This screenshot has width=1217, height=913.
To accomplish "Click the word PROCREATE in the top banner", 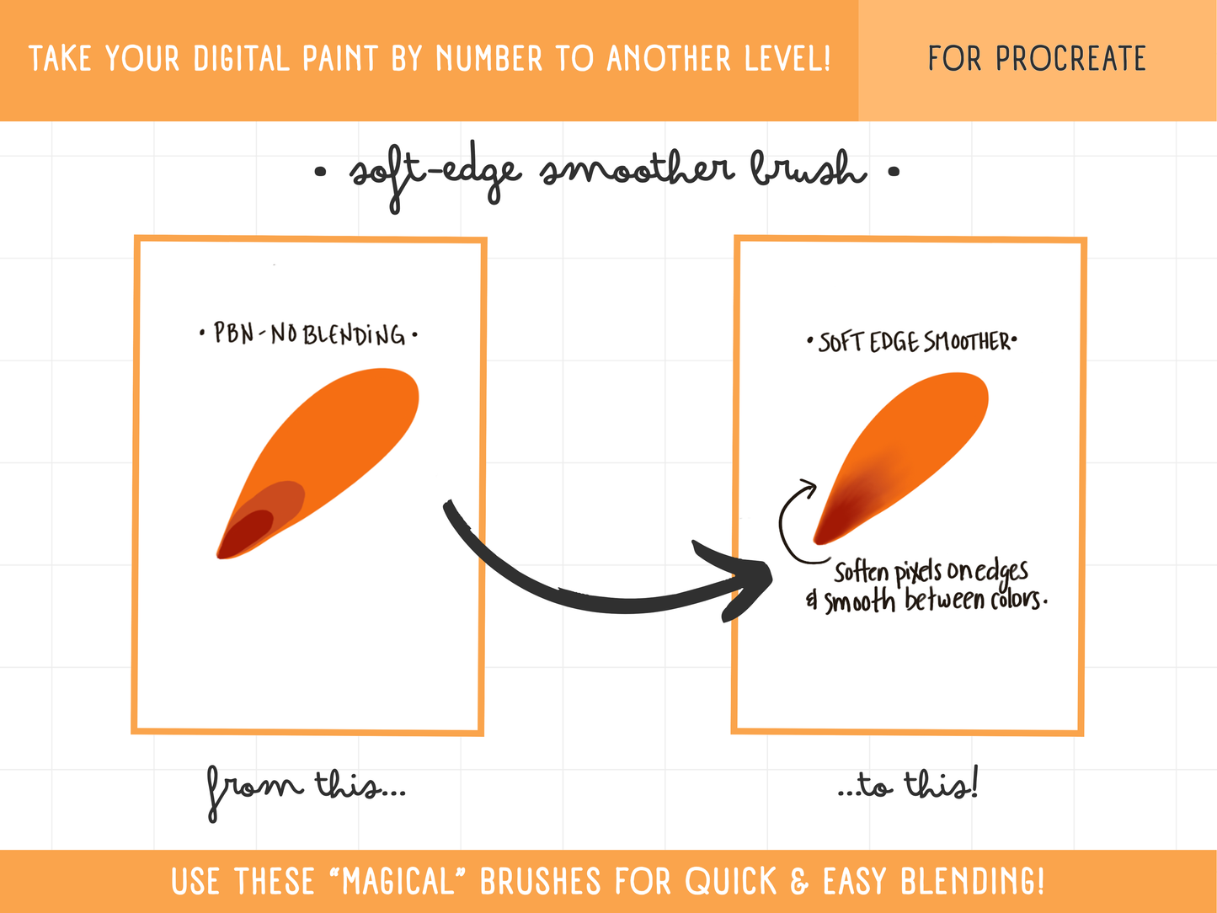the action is [x=1070, y=58].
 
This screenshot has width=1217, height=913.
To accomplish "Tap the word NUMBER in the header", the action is [x=488, y=58].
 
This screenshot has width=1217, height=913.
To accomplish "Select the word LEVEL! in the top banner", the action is [x=787, y=58].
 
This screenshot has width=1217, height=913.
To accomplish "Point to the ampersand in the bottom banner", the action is [x=799, y=881].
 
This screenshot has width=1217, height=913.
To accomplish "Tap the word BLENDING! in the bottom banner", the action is [x=973, y=881].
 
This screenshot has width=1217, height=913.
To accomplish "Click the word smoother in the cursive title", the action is [x=638, y=169].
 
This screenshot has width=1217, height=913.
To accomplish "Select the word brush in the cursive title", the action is [x=809, y=168].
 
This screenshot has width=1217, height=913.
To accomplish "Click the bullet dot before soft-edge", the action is [x=320, y=172].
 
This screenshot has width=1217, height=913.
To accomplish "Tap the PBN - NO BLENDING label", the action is [x=309, y=334].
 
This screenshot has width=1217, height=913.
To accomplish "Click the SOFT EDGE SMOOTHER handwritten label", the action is [x=913, y=341].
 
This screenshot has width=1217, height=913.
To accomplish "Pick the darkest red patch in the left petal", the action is [x=247, y=533].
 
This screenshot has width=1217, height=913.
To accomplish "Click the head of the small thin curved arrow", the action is [x=809, y=488].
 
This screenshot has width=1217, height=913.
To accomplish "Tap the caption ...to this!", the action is [x=908, y=785].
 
